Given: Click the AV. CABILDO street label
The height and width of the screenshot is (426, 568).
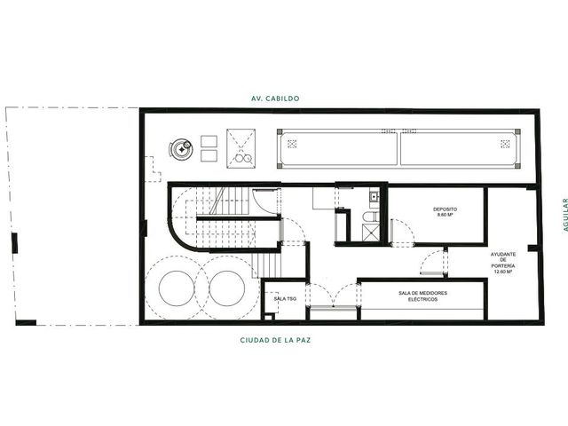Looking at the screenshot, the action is click(x=275, y=99).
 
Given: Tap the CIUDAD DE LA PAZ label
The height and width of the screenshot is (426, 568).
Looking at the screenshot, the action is click(x=275, y=340).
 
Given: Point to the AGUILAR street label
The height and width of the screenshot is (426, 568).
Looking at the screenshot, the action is click(x=564, y=215).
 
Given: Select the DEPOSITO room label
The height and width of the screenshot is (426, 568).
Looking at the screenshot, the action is click(x=445, y=209).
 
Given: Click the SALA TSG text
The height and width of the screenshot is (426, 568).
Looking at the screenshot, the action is click(x=285, y=298).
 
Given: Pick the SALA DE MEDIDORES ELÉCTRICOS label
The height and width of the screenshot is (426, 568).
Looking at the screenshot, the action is click(x=422, y=296).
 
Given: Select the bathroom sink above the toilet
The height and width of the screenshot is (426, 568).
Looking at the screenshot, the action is click(x=374, y=197).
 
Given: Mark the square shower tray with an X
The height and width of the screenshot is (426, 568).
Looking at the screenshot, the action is click(x=371, y=233).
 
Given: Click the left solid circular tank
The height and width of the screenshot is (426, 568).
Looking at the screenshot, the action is click(x=176, y=288).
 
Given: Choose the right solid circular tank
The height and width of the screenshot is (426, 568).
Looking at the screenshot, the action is click(x=227, y=288).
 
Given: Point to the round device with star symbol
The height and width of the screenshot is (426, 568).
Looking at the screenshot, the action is click(x=181, y=149).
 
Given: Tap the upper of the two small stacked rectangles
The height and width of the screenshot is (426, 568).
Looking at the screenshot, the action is click(x=209, y=141).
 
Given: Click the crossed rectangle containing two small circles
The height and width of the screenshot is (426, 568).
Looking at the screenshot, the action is click(x=241, y=148).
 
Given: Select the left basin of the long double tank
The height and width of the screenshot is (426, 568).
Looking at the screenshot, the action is click(x=339, y=149).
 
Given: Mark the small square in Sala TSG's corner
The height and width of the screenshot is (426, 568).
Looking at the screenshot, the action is click(x=268, y=318).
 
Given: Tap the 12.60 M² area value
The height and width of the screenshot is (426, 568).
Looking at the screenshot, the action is click(x=503, y=271).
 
